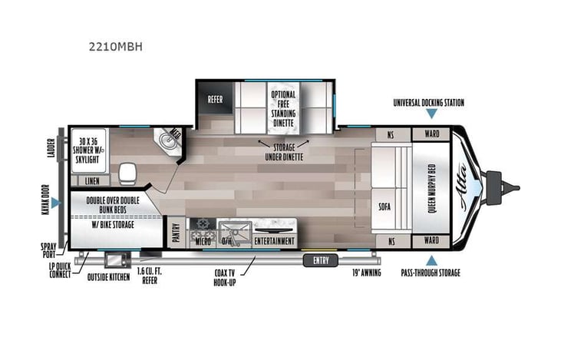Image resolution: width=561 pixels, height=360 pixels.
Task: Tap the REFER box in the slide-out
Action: pyautogui.click(x=216, y=99)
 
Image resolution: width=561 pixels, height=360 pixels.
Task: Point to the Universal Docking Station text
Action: pyautogui.click(x=428, y=102)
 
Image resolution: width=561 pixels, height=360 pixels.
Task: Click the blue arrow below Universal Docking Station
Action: pyautogui.click(x=432, y=114)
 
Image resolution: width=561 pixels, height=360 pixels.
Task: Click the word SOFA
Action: pyautogui.click(x=385, y=206)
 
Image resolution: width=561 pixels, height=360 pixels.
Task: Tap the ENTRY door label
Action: pyautogui.click(x=321, y=259)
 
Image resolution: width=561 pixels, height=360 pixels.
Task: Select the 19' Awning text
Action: pyautogui.click(x=367, y=272)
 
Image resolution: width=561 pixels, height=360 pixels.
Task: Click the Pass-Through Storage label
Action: pyautogui.click(x=431, y=272)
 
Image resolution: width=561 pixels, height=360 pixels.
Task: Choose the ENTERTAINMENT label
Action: pyautogui.click(x=275, y=241)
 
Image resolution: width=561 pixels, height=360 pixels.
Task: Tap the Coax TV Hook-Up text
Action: pyautogui.click(x=231, y=277)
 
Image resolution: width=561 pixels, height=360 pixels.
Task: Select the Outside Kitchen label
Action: pyautogui.click(x=108, y=276)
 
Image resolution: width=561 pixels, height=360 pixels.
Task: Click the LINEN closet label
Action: pyautogui.click(x=92, y=181)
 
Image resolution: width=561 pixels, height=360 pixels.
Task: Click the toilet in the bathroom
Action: pyautogui.click(x=126, y=170)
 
